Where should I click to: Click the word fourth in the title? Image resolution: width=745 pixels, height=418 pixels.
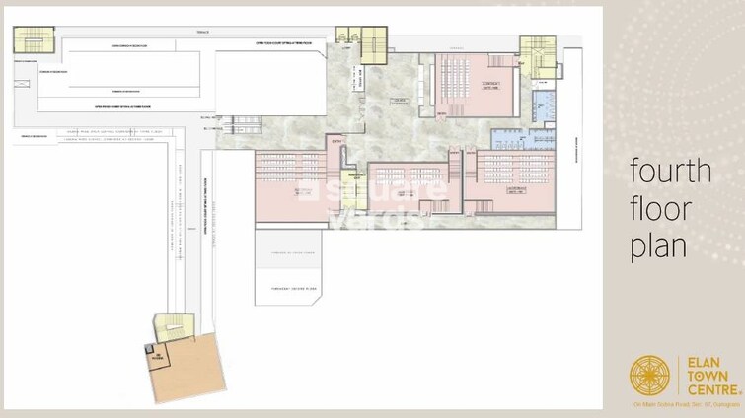(x=670, y=171)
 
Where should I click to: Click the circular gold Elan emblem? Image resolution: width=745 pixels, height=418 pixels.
(x=649, y=375)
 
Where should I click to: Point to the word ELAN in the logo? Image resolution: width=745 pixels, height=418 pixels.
(x=700, y=360)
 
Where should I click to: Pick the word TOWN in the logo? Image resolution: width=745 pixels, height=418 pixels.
(x=702, y=375)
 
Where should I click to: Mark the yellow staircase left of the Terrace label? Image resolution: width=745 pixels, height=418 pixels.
(x=33, y=39)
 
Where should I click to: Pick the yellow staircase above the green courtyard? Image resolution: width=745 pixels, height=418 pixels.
(x=374, y=45)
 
